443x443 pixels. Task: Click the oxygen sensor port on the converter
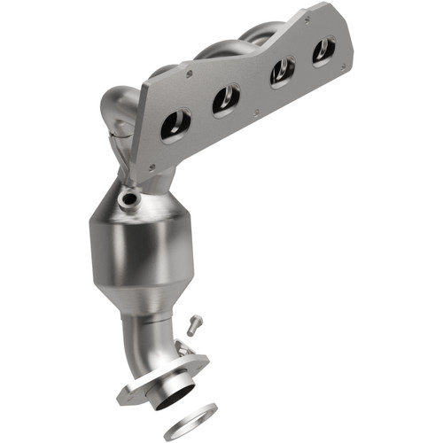click(x=130, y=198)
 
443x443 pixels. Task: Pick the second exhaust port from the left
click(x=226, y=99)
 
